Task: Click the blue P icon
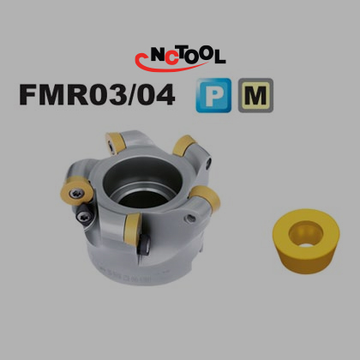coord(213,95)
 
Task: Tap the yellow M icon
coord(255,95)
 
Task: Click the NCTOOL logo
coord(180,58)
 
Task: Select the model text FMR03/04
coord(97,94)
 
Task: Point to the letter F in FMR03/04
coord(27,94)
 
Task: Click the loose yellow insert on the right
coord(306,242)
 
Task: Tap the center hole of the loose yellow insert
coord(306,235)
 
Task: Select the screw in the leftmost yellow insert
coord(77,194)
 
